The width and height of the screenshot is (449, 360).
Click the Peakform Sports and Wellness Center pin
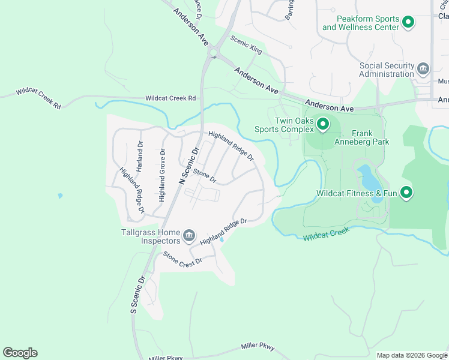tap(408, 23)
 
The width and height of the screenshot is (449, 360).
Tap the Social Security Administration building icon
tap(423, 69)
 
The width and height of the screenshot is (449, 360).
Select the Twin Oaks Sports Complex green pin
tap(322, 124)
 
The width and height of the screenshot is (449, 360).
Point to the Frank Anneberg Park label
tap(370, 138)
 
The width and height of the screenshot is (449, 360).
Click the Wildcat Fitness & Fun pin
tap(406, 193)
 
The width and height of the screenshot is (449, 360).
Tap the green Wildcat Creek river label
tap(326, 234)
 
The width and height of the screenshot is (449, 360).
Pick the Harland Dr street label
tap(139, 157)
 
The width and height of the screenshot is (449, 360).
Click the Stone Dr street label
tap(204, 176)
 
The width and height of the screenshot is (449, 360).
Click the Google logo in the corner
tap(20, 353)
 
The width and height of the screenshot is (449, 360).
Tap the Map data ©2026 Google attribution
tap(411, 355)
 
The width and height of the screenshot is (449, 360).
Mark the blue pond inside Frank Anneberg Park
tap(367, 178)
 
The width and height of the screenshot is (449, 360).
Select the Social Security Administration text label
tap(387, 70)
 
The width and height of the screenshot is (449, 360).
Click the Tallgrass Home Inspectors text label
tap(152, 236)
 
